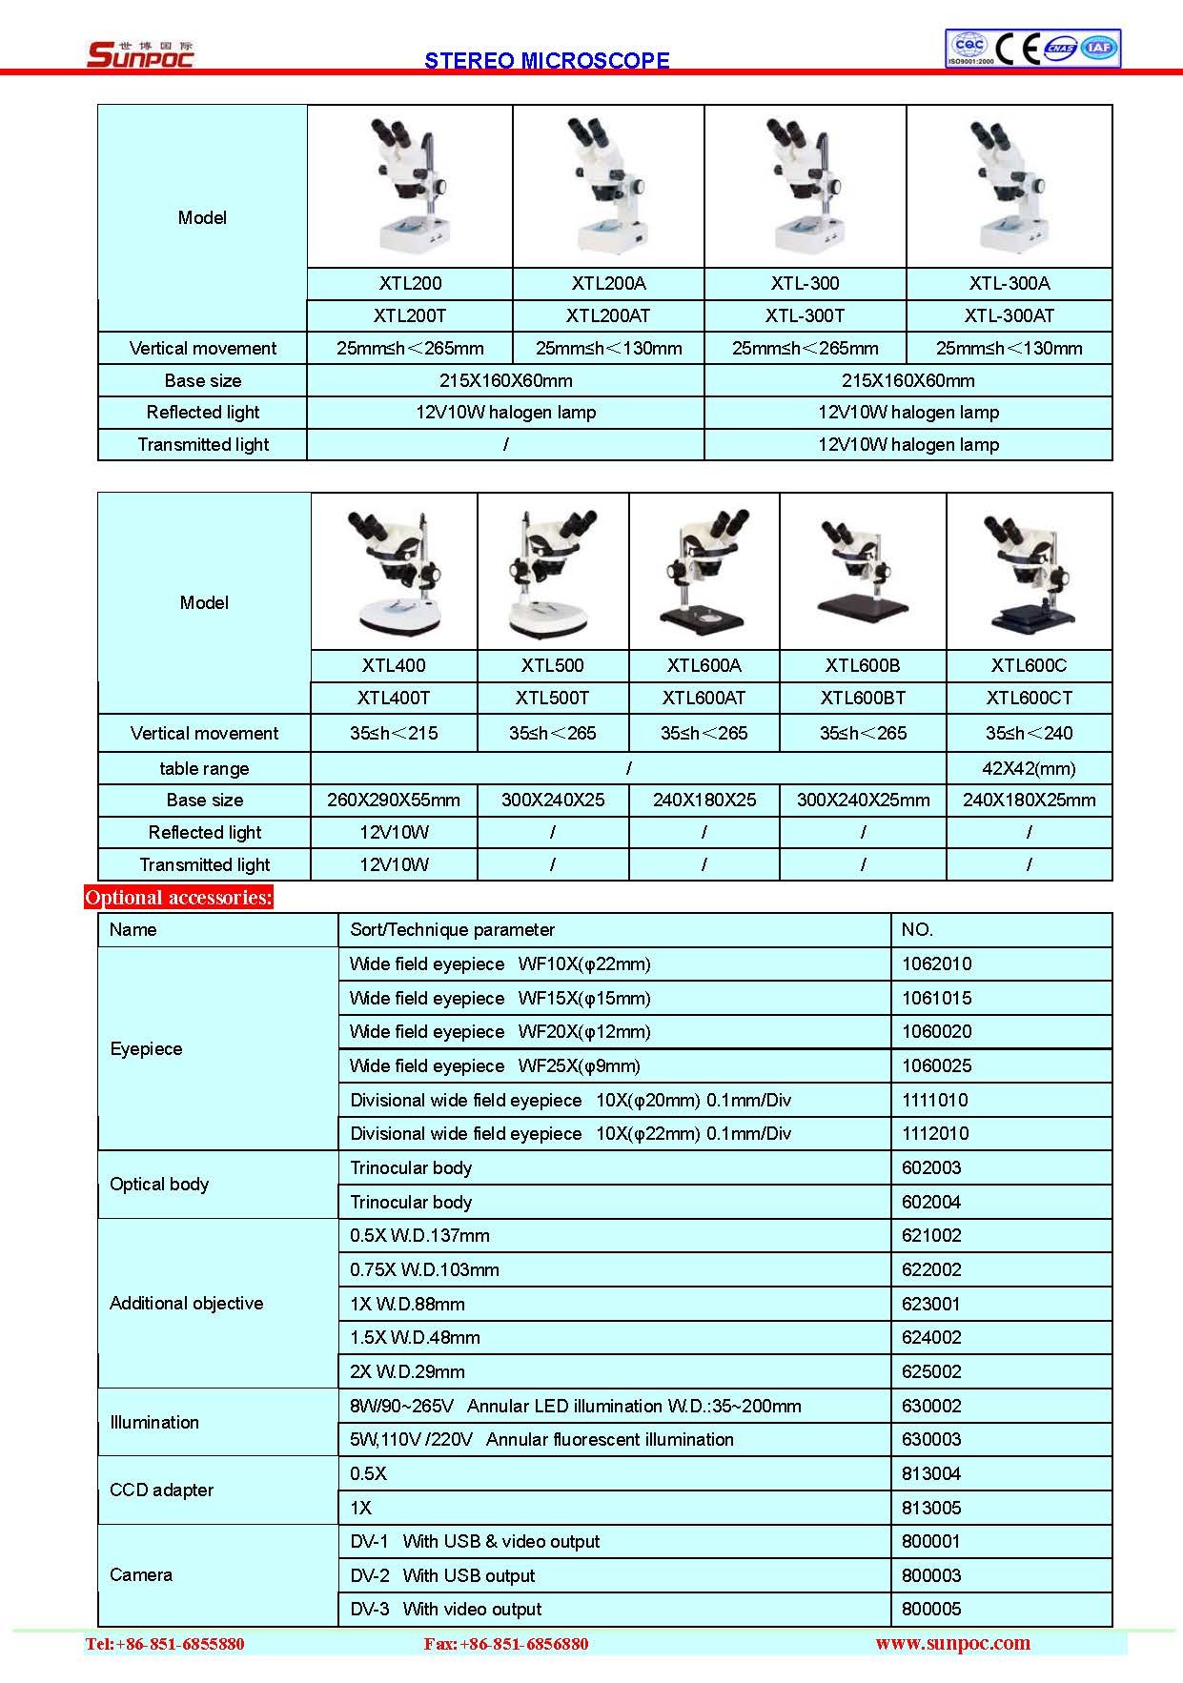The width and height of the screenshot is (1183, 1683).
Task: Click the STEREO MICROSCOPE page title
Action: click(x=546, y=61)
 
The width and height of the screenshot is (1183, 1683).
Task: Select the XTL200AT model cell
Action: click(x=607, y=315)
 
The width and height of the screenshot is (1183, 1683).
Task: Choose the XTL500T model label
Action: click(x=552, y=698)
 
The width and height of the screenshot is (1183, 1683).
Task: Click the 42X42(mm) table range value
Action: click(x=1029, y=768)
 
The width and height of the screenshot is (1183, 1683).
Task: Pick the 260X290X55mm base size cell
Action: click(x=393, y=800)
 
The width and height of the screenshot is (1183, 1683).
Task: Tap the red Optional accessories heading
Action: click(x=178, y=897)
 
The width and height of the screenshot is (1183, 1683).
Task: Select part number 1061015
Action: click(x=936, y=998)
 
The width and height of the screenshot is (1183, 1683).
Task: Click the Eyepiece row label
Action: click(x=146, y=1048)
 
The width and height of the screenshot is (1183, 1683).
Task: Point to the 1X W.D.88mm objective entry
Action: click(x=407, y=1304)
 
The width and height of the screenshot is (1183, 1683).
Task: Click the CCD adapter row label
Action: click(x=161, y=1490)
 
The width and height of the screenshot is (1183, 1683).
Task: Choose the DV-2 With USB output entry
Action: click(x=442, y=1575)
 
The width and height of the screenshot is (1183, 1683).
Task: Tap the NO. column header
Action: click(x=917, y=929)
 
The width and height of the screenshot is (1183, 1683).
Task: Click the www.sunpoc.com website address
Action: click(x=952, y=1643)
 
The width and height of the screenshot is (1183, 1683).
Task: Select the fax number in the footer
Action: click(x=505, y=1644)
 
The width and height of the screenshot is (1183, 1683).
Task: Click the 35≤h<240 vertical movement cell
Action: click(x=1029, y=733)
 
